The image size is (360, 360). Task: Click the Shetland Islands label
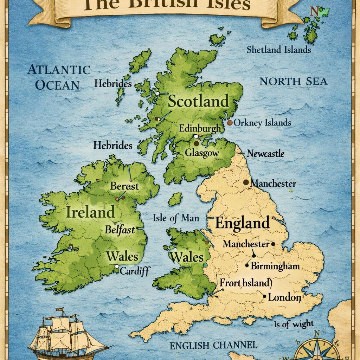[x=278, y=50]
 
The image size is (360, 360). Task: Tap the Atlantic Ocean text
[x=59, y=77]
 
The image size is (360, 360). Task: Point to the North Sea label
[x=293, y=82]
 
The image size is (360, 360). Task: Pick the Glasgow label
[x=202, y=153]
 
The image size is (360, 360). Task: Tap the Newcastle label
[x=265, y=154]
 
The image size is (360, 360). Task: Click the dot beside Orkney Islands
[x=230, y=123]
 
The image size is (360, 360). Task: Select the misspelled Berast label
[x=124, y=186]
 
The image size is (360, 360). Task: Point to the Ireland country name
[x=90, y=212]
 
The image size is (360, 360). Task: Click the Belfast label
[x=120, y=230]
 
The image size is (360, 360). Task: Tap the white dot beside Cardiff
[x=116, y=267]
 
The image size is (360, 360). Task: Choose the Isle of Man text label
[x=176, y=218]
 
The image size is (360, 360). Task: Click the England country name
[x=242, y=223]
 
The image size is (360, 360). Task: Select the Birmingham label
[x=275, y=266]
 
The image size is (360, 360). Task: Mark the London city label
[x=284, y=297]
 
